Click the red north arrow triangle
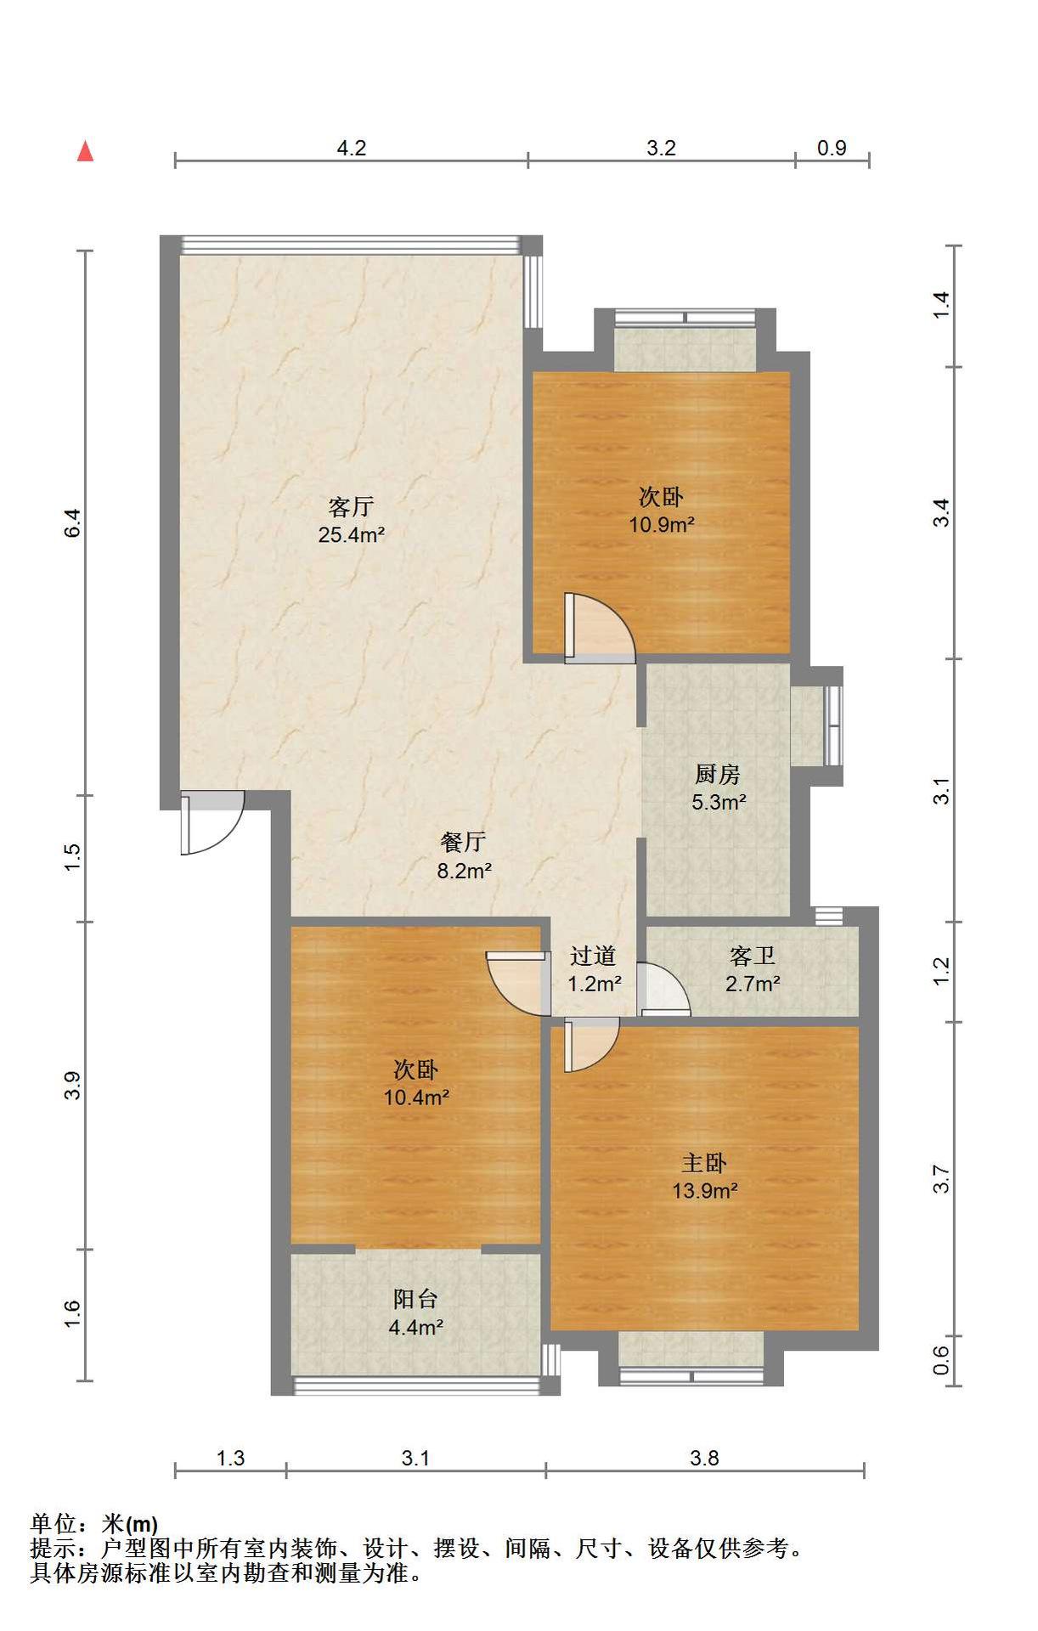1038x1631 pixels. click(85, 152)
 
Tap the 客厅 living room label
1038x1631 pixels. click(351, 507)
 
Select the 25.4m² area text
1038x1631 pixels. click(352, 535)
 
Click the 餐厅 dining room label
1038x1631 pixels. click(463, 842)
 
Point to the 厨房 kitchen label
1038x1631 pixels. click(718, 774)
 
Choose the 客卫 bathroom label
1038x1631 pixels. click(753, 957)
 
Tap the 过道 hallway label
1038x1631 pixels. click(593, 957)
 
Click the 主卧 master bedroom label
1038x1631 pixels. click(704, 1163)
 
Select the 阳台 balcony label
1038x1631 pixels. click(416, 1299)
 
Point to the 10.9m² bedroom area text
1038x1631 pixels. click(662, 524)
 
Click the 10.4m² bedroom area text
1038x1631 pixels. click(416, 1098)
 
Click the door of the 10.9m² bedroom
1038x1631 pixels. click(600, 629)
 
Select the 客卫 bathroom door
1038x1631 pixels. click(663, 989)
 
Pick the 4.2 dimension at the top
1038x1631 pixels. click(352, 148)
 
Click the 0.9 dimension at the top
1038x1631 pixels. click(832, 148)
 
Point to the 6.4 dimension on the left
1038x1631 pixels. click(73, 522)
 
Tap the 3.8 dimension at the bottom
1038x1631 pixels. click(704, 1459)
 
